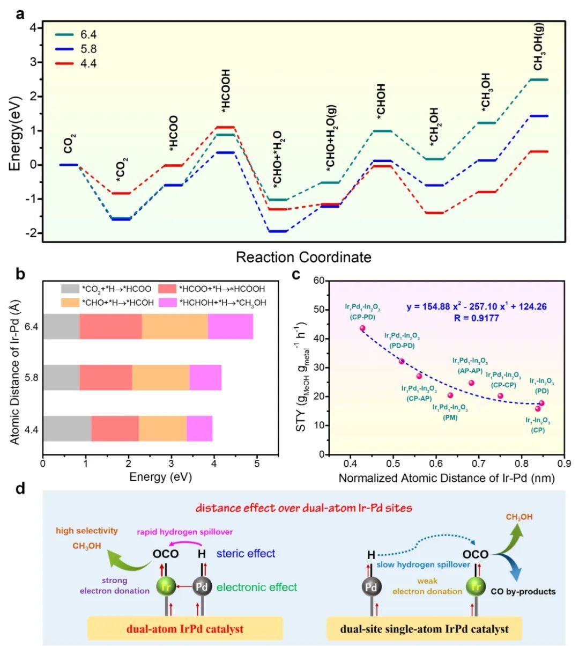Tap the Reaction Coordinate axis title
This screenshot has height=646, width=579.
(x=303, y=258)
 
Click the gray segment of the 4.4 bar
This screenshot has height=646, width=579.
(x=67, y=429)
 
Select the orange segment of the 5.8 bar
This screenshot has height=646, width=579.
(x=161, y=378)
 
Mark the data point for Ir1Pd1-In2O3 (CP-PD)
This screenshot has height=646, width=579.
(x=362, y=328)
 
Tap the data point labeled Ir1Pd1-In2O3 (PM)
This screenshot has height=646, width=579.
(x=450, y=395)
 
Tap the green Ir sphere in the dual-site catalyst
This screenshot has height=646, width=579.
(x=475, y=586)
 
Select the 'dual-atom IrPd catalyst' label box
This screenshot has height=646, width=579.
(x=185, y=628)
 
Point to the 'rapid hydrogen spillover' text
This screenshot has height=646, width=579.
(x=184, y=532)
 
